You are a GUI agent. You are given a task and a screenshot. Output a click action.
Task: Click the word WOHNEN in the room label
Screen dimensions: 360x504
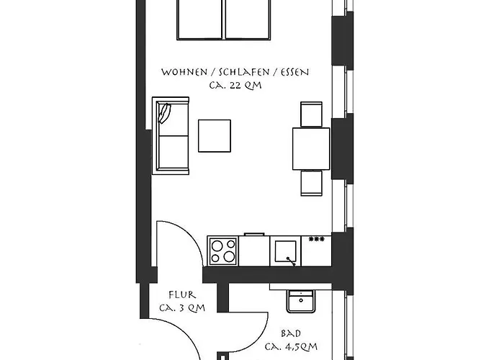pyautogui.click(x=180, y=73)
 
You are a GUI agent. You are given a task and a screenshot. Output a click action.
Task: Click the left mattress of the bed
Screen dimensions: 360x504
pyautogui.click(x=199, y=19)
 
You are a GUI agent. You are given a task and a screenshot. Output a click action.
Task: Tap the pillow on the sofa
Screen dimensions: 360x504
pyautogui.click(x=165, y=113)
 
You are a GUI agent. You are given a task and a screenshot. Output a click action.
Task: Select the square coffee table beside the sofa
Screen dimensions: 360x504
pyautogui.click(x=215, y=135)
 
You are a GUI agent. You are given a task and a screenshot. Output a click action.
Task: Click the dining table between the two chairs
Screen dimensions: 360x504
pyautogui.click(x=311, y=147)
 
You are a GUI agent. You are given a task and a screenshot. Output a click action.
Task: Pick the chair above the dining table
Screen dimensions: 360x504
pyautogui.click(x=312, y=113)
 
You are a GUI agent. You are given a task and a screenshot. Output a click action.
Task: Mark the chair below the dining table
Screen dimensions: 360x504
pyautogui.click(x=312, y=183)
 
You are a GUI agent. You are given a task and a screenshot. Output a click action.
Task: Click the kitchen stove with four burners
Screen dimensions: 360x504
pyautogui.click(x=223, y=251)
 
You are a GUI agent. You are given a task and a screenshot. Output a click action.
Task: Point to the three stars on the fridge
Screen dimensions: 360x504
pyautogui.click(x=315, y=239)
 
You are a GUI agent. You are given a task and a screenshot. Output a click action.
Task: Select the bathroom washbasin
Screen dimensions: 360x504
pyautogui.click(x=299, y=300)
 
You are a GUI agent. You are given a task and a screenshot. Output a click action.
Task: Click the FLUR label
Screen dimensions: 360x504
pyautogui.click(x=182, y=295)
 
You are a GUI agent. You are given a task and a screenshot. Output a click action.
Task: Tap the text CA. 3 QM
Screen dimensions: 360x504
pyautogui.click(x=182, y=308)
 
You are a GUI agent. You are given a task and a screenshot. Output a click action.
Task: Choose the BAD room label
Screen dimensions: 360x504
pyautogui.click(x=291, y=335)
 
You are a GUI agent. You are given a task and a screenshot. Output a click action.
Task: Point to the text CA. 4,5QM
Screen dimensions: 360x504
pyautogui.click(x=291, y=347)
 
